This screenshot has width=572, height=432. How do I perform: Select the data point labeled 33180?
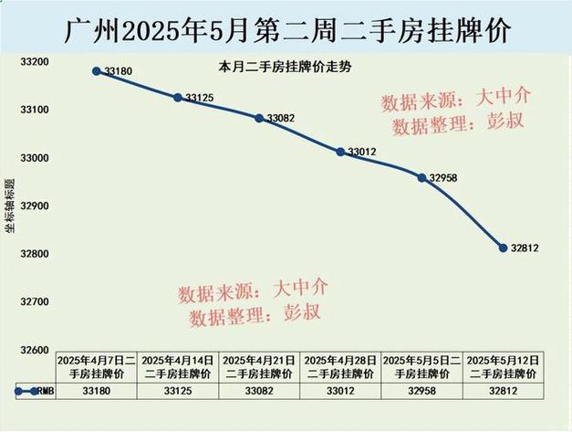tap(97, 70)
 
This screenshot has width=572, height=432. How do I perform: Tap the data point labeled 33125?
tap(178, 97)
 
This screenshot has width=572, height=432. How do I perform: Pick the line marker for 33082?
tap(259, 118)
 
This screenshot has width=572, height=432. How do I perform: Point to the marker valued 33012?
tap(340, 152)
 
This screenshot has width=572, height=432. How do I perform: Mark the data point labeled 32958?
tap(421, 177)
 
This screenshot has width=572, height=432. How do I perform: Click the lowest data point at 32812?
tap(503, 248)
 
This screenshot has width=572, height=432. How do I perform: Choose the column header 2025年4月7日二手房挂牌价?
tap(97, 367)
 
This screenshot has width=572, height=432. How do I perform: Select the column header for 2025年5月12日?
tap(503, 367)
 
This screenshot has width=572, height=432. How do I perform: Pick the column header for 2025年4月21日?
tap(259, 367)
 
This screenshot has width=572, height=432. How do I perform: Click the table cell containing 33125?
tap(178, 391)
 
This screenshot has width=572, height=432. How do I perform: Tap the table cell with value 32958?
tap(421, 391)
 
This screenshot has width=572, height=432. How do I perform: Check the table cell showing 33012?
tap(340, 391)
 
